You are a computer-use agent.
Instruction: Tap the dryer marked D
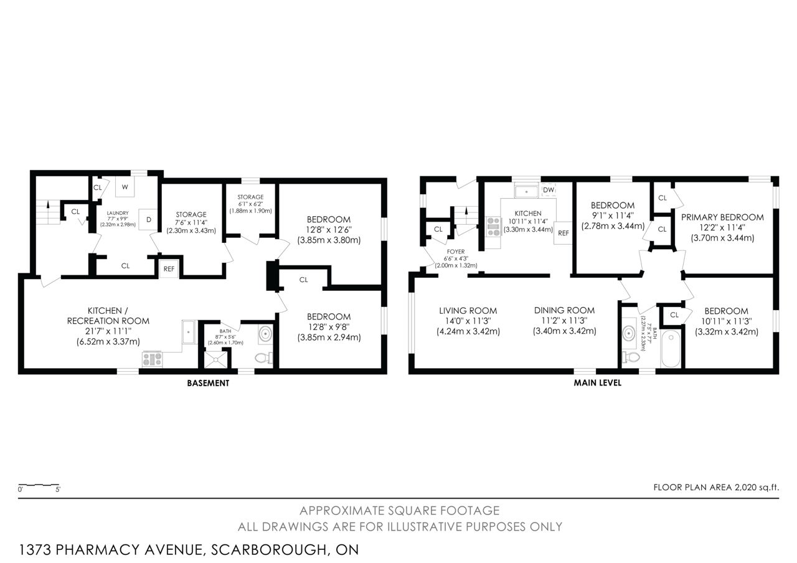point(148,219)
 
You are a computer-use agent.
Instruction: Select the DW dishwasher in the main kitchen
point(549,190)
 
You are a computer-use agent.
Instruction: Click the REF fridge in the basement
point(169,269)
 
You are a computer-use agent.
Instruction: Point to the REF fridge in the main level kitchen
point(563,233)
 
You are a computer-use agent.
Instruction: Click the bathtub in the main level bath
point(671,349)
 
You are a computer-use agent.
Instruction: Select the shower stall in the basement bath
point(215,359)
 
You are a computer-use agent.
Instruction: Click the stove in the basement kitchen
point(153,359)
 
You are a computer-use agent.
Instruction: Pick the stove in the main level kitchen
point(494,226)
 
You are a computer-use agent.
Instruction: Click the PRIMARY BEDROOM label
point(722,217)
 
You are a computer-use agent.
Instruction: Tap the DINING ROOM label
point(564,310)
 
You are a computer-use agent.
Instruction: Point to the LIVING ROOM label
point(468,311)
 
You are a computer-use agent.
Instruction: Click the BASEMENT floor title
point(208,383)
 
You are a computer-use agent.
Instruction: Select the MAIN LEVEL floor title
point(597,383)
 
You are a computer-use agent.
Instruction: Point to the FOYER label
point(456,252)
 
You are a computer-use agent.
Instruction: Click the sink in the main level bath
point(630,333)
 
